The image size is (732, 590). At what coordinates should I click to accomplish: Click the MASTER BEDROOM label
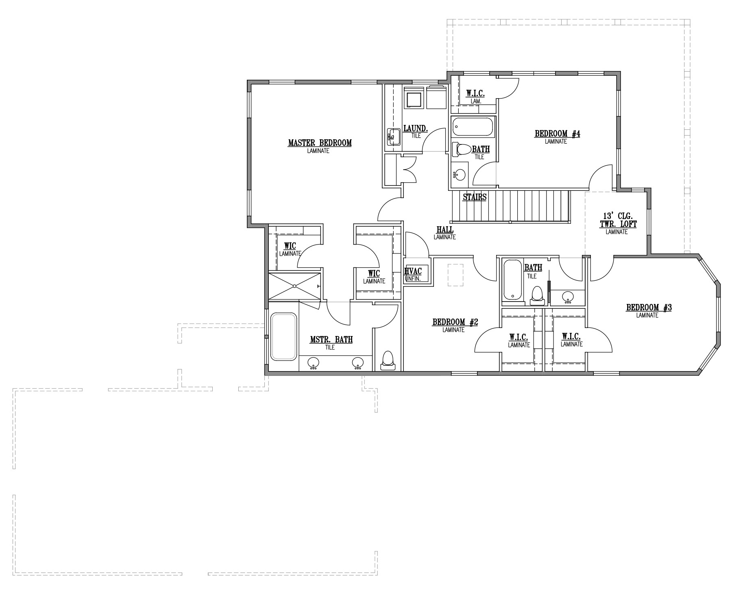pos(320,143)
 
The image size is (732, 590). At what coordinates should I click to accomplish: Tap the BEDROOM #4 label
pos(557,134)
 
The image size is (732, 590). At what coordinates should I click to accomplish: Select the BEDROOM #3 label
pos(649,308)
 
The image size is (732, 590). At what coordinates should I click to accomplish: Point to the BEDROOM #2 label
pos(455,322)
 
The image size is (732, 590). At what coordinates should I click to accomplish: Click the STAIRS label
pos(475,197)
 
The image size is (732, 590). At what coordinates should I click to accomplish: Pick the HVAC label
pos(413,271)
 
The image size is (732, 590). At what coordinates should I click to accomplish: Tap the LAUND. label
pos(416,129)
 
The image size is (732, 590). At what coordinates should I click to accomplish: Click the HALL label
pos(445,230)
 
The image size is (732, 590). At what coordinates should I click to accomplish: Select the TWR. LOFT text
pos(618,224)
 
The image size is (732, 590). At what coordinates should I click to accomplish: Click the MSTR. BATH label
pos(331,340)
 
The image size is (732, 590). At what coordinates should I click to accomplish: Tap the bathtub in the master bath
pos(283,336)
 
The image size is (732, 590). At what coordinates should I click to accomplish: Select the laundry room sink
pos(393,137)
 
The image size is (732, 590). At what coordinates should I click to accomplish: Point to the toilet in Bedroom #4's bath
pos(461,149)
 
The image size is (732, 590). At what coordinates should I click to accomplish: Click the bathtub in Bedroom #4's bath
pos(473,127)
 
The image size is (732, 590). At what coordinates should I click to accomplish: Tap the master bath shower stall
pos(294,286)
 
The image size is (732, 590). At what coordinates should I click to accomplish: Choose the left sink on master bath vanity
pos(313,363)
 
